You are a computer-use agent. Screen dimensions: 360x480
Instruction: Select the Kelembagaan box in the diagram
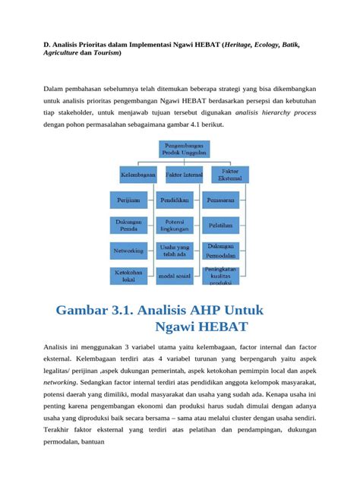click(137, 174)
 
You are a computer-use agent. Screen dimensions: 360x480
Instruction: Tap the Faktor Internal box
click(182, 174)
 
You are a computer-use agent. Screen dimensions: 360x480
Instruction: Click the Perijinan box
click(128, 201)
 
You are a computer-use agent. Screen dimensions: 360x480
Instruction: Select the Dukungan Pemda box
click(128, 226)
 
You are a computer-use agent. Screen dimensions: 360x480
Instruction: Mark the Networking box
click(128, 250)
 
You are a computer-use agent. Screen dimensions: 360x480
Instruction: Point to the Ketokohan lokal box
click(128, 274)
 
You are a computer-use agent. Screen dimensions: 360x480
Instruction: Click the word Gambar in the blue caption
click(90, 311)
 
